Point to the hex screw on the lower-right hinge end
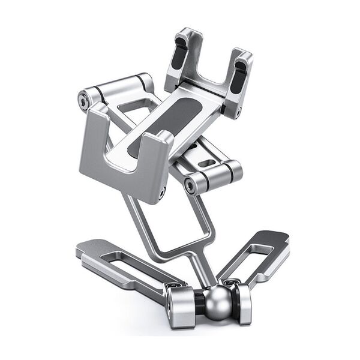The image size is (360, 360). [x=190, y=185]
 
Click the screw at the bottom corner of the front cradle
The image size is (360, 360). [x=161, y=193]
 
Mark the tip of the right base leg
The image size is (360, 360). [x=282, y=237]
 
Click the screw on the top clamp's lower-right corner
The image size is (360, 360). [x=238, y=111]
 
